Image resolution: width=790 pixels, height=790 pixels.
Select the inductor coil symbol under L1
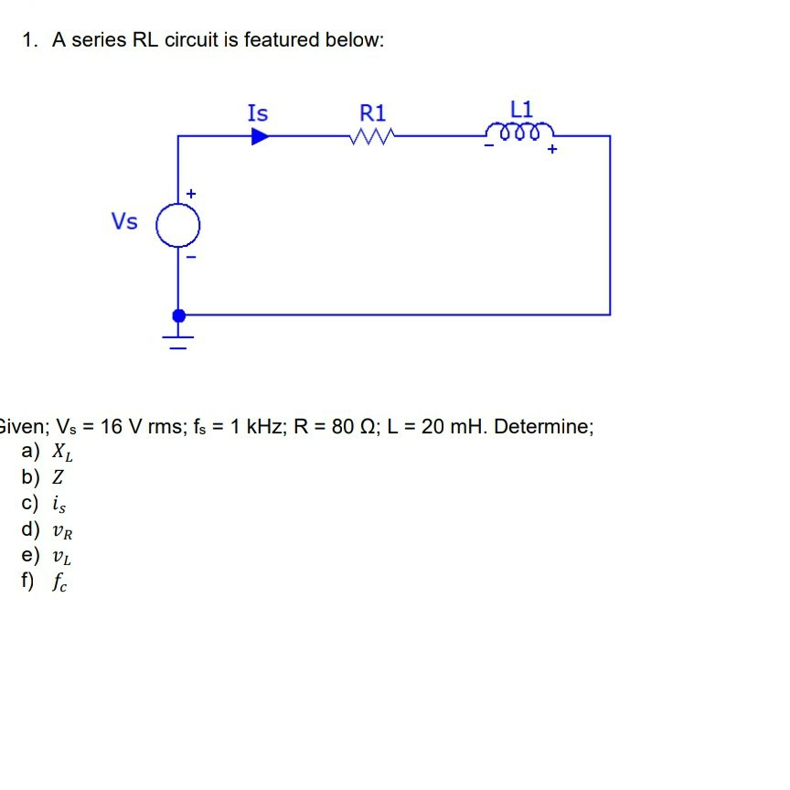[520, 133]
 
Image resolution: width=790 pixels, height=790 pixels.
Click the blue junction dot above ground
[179, 315]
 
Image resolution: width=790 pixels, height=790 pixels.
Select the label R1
[373, 113]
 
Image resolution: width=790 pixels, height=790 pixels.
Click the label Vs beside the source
[124, 221]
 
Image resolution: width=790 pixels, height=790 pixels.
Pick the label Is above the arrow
[258, 113]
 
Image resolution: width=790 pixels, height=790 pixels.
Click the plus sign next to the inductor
[552, 152]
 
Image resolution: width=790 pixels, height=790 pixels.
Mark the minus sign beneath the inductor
[489, 148]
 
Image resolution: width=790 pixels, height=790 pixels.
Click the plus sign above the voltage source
[190, 194]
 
